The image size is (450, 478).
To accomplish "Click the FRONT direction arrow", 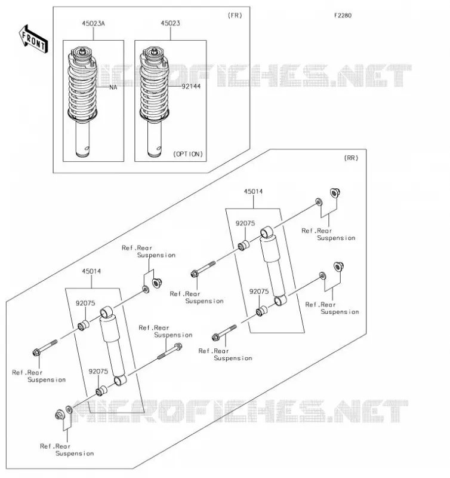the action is (33, 39).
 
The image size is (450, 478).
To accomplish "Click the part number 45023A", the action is (93, 23).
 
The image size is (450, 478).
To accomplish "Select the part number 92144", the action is (191, 87).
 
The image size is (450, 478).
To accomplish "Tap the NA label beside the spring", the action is (113, 87).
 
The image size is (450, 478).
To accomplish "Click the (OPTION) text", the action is (188, 154).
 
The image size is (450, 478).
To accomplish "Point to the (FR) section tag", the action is (235, 16).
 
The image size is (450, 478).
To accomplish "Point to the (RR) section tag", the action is (351, 158).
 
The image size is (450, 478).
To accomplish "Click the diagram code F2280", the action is (343, 16).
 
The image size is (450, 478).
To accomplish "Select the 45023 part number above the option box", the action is (170, 23).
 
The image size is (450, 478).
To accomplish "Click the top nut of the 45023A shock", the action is (82, 51).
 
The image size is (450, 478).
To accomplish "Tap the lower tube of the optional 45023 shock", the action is (155, 139).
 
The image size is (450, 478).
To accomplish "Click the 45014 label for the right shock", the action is (253, 191).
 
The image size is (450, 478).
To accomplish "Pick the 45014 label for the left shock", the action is (91, 271).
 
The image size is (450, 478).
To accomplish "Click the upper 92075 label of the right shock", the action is (245, 223).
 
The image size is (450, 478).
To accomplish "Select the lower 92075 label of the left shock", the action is (98, 372).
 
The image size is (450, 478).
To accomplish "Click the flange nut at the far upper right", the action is (335, 193).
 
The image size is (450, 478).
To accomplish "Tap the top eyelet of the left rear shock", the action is (106, 312).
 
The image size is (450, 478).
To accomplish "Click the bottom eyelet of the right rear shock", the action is (280, 301).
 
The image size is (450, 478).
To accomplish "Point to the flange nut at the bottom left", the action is (60, 415).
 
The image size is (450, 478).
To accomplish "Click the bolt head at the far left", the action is (36, 353).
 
